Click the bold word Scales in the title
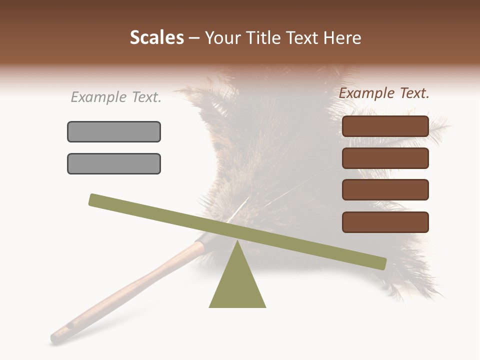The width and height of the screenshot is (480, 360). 157,38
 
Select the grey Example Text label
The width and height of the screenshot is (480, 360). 116,97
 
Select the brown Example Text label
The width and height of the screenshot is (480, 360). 384,93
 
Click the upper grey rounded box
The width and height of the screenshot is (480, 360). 114,131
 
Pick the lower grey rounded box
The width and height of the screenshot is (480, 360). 114,163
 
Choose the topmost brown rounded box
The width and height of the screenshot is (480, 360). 385,126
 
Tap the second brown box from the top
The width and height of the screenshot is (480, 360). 385,158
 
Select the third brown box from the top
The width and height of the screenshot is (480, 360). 385,190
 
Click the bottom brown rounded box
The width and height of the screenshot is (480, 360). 385,222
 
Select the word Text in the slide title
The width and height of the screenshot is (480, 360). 305,38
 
